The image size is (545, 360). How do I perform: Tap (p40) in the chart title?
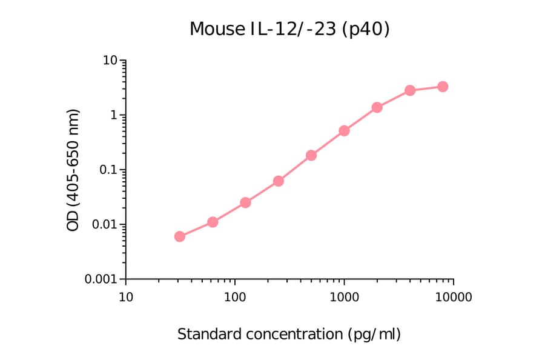pyautogui.click(x=366, y=29)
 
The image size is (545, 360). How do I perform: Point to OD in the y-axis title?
pyautogui.click(x=73, y=221)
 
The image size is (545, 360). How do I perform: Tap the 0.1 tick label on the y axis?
pyautogui.click(x=110, y=170)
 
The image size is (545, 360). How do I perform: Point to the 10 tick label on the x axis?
pyautogui.click(x=125, y=298)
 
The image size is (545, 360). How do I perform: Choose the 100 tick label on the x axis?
pyautogui.click(x=235, y=298)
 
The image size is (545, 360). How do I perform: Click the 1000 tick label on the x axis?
pyautogui.click(x=344, y=298)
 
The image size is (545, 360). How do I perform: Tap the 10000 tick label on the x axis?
pyautogui.click(x=454, y=298)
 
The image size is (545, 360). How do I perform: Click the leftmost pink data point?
pyautogui.click(x=180, y=236)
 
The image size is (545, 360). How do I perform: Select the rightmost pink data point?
pyautogui.click(x=443, y=87)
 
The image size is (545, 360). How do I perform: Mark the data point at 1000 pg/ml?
pyautogui.click(x=344, y=130)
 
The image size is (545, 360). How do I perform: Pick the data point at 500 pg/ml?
pyautogui.click(x=311, y=155)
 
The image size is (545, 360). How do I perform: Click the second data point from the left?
pyautogui.click(x=213, y=222)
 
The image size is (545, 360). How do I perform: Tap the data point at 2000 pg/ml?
pyautogui.click(x=377, y=107)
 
